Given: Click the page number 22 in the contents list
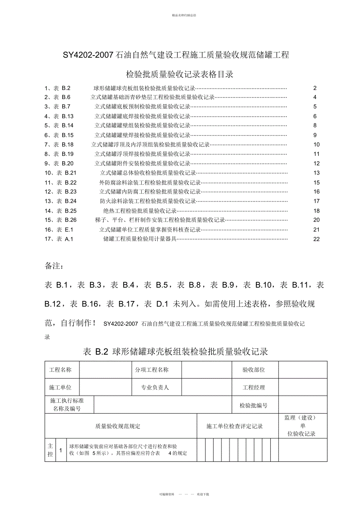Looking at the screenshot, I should (317, 239).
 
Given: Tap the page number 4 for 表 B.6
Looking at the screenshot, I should (315, 97).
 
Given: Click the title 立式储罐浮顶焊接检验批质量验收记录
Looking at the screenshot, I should (142, 154).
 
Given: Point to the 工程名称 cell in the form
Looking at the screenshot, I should (60, 369).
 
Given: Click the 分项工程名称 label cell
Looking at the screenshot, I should (152, 369).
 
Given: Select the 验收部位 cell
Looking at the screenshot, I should (254, 369).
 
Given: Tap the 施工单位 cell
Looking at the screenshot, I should (60, 387).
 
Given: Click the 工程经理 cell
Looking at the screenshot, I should (254, 387).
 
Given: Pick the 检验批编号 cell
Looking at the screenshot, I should (254, 406).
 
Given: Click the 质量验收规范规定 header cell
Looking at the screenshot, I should (118, 426).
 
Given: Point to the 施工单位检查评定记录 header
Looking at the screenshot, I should (235, 426).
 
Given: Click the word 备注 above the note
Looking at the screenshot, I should (54, 266).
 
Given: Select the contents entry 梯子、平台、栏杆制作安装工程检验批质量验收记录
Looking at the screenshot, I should (160, 220).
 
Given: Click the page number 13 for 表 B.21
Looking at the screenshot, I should (317, 173).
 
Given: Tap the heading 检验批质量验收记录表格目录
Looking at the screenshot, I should (180, 74).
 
